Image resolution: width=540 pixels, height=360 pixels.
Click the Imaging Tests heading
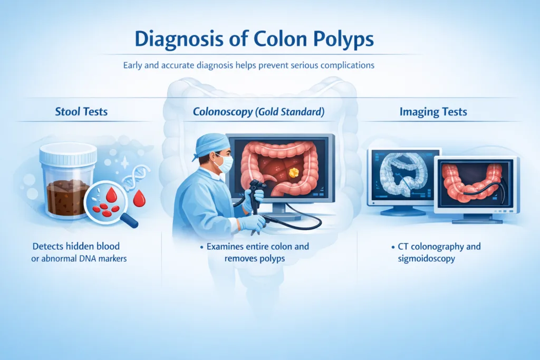433,112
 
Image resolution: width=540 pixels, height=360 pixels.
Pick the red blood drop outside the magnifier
139,199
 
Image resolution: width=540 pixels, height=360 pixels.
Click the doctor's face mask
224,163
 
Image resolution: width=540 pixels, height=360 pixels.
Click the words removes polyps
255,259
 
